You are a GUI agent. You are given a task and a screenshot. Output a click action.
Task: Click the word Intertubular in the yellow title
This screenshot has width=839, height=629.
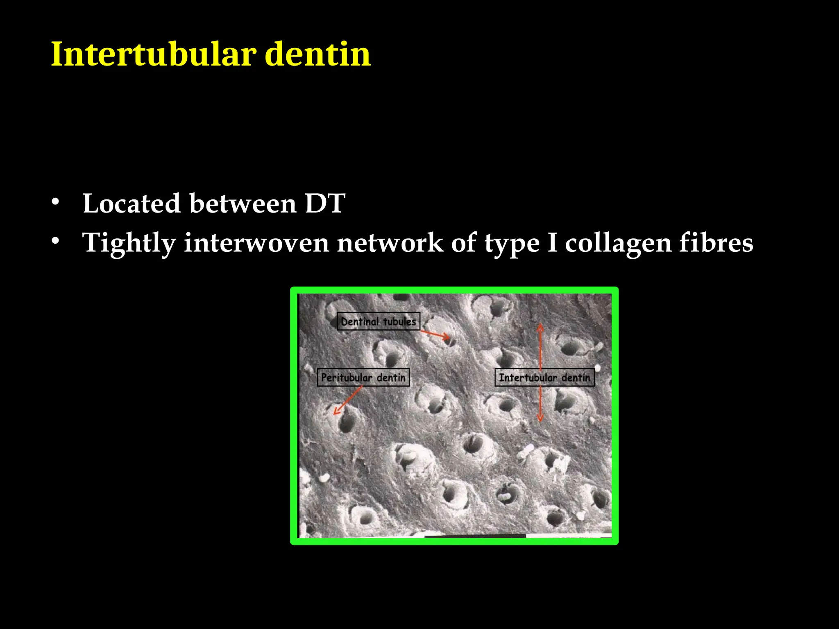click(x=154, y=54)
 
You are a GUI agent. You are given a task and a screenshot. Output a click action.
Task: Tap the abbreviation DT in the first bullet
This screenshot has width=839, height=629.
click(x=325, y=203)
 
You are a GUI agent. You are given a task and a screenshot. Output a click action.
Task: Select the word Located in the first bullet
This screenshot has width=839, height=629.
click(x=132, y=203)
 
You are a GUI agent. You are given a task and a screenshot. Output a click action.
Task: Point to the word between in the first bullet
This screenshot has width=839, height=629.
click(x=243, y=203)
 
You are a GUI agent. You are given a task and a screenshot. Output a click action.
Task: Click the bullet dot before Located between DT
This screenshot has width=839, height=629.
click(x=56, y=201)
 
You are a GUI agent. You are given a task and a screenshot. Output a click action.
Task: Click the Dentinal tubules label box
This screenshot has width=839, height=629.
click(x=379, y=321)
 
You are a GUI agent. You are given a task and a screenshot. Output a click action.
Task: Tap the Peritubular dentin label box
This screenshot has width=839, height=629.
click(x=363, y=378)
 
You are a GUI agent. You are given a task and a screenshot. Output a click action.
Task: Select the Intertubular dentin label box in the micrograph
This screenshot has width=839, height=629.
click(x=544, y=378)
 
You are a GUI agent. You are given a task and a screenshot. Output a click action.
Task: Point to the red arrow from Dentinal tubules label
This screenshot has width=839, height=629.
click(x=435, y=335)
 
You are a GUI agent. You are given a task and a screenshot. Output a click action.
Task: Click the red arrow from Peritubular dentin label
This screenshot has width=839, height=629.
click(x=347, y=400)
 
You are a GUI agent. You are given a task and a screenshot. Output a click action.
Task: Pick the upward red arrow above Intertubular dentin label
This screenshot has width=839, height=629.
click(x=540, y=346)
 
